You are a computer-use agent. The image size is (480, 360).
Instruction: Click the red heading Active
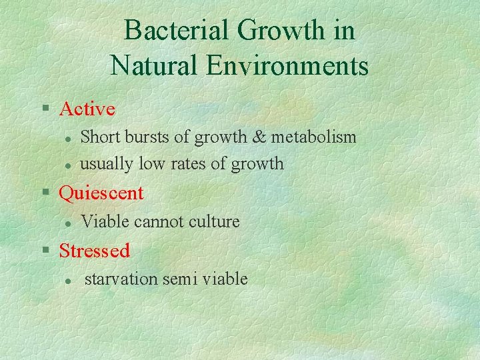pyautogui.click(x=87, y=109)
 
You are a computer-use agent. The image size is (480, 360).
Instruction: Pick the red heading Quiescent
pyautogui.click(x=101, y=193)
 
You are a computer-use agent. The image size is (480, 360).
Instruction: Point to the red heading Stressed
pyautogui.click(x=94, y=251)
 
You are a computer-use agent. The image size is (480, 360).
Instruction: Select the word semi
pyautogui.click(x=179, y=279)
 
